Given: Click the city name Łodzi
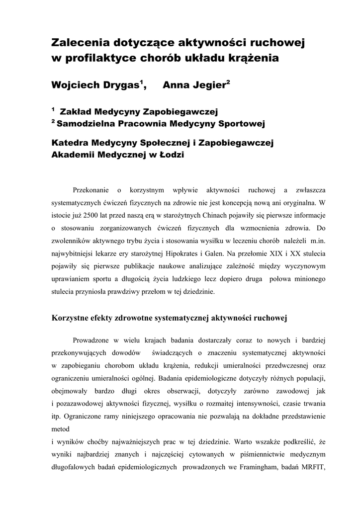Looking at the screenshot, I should click(x=170, y=155).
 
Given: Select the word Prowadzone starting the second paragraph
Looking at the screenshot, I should click(x=92, y=340).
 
